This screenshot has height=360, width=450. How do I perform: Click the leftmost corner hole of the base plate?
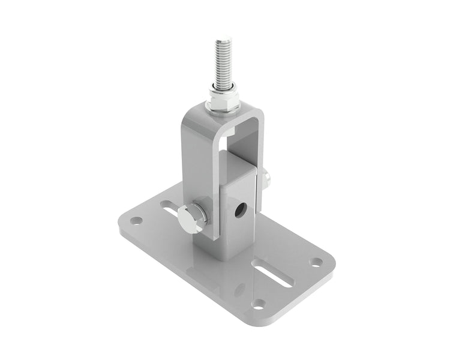136,220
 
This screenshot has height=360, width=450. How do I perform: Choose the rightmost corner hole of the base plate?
315,262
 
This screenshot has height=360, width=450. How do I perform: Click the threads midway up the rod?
221,63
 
